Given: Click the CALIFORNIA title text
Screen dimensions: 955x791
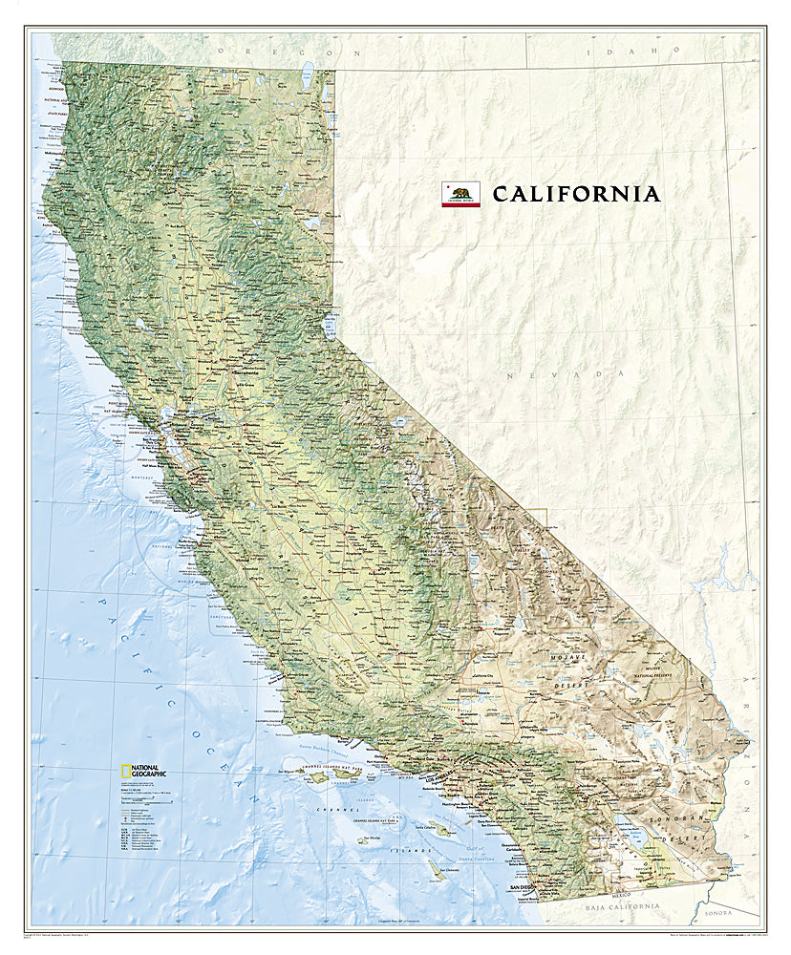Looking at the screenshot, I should click(x=576, y=194).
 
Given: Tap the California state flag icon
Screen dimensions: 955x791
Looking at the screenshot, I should click(x=460, y=194).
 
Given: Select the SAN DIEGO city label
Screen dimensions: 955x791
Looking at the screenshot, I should click(x=524, y=887).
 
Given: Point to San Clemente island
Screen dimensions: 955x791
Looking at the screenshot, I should click(x=437, y=870).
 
